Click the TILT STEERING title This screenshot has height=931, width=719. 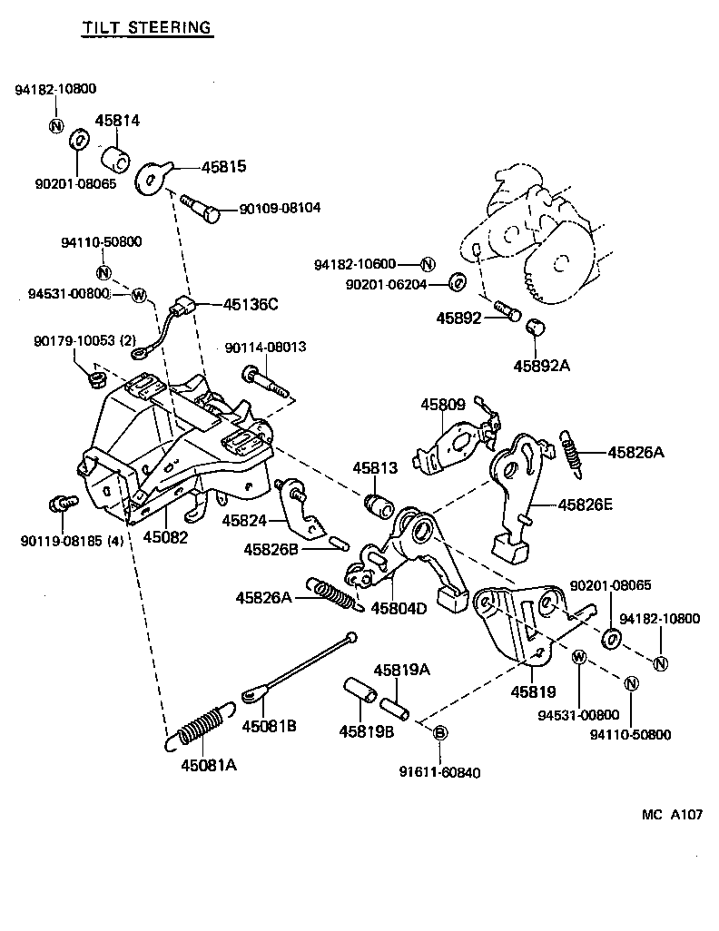(146, 27)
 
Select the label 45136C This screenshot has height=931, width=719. (250, 304)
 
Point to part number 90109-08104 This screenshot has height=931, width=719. (280, 208)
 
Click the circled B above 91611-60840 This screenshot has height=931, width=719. (438, 732)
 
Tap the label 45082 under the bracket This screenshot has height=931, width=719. (165, 536)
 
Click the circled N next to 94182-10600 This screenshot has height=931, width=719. (428, 264)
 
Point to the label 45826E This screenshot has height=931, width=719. (585, 505)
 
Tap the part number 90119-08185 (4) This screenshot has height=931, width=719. (72, 542)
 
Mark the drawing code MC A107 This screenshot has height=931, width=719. (673, 814)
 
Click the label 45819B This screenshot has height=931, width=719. (367, 731)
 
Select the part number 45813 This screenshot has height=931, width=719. (375, 467)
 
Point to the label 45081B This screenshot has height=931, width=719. (269, 726)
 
